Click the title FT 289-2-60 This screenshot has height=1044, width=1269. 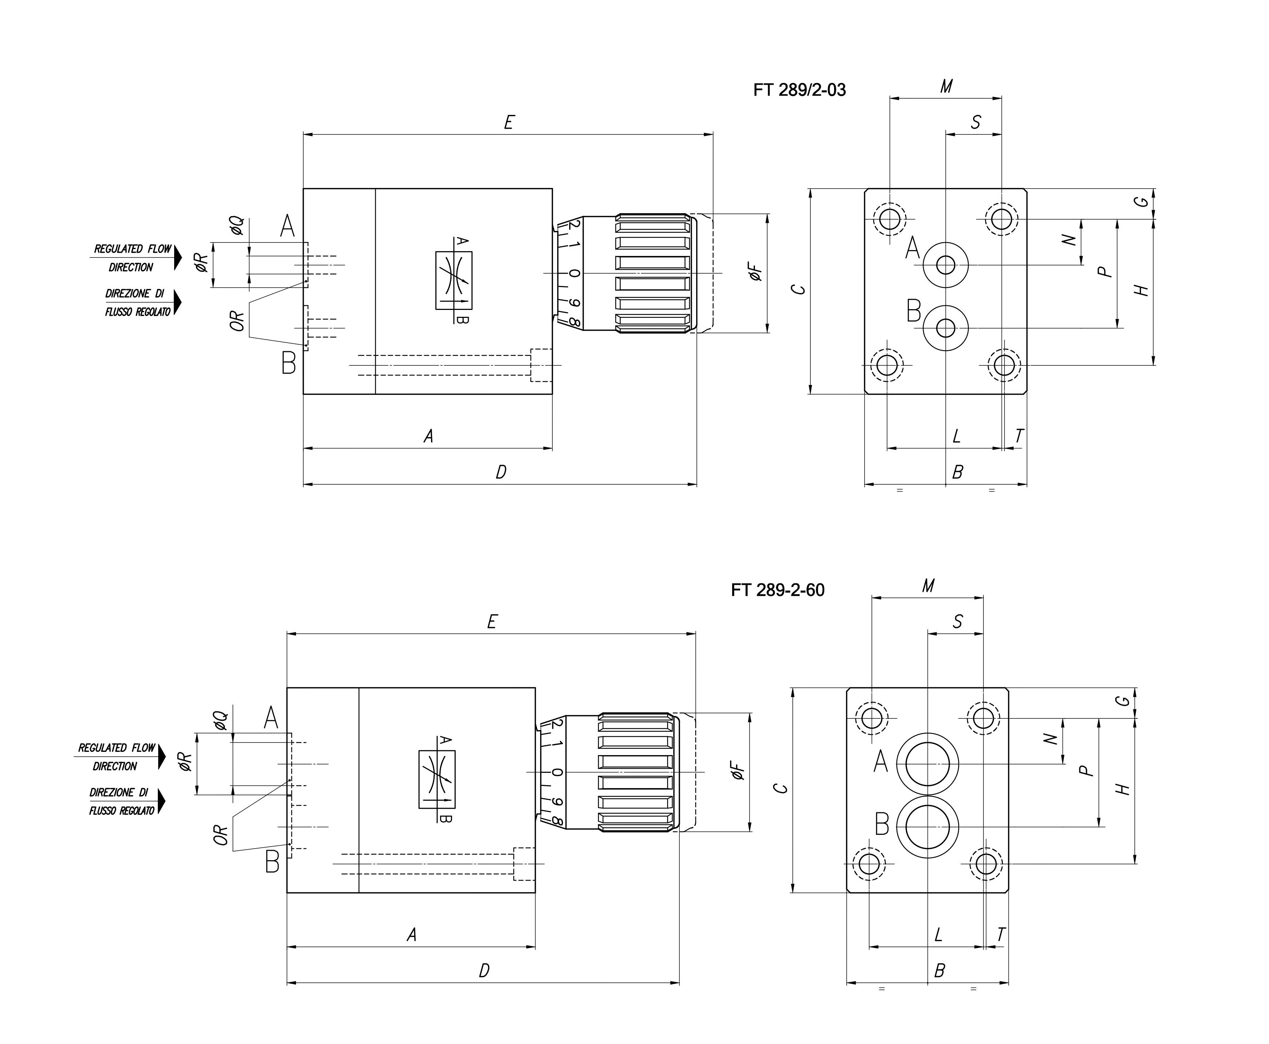(x=777, y=590)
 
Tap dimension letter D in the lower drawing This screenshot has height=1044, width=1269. (x=484, y=971)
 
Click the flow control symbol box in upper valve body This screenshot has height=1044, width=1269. (x=454, y=280)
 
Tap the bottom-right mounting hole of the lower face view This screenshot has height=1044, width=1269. (x=986, y=864)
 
